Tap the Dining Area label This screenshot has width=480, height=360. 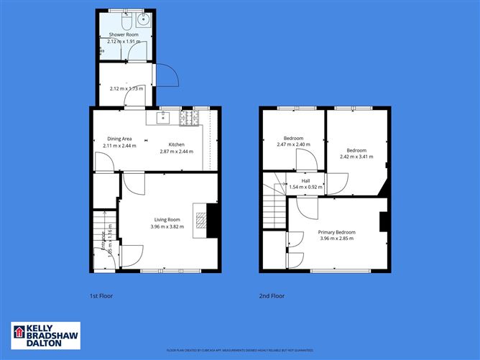(x=119, y=139)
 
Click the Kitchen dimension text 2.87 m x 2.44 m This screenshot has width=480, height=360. (x=177, y=152)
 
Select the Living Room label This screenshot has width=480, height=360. (x=167, y=219)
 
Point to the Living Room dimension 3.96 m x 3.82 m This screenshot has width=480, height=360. (x=167, y=227)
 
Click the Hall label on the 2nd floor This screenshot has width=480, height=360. (x=305, y=180)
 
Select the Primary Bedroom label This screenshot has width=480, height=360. (x=336, y=232)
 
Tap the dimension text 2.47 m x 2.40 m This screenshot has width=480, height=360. (x=293, y=144)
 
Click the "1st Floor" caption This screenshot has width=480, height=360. (x=101, y=295)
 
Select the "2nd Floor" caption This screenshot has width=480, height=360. (x=272, y=295)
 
